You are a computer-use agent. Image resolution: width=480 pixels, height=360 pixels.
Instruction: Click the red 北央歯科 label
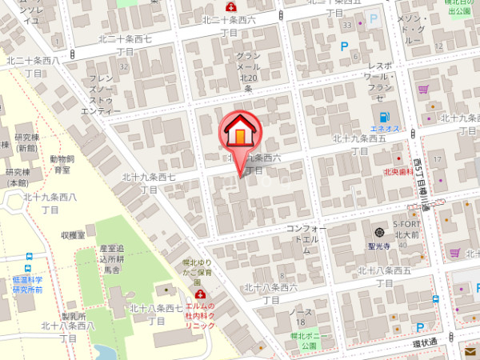point(397,170)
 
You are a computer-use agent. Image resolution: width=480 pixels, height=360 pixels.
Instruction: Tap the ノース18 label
point(300,316)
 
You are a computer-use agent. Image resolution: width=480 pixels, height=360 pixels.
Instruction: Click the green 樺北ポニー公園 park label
point(304,341)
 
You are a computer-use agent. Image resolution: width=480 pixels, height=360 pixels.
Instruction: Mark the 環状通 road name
point(424,342)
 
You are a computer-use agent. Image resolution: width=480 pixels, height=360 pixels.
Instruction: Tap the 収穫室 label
point(73,235)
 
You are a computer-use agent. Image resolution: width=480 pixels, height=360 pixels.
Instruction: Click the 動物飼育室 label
point(60,164)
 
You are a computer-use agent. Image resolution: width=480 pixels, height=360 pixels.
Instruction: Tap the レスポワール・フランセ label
point(379,81)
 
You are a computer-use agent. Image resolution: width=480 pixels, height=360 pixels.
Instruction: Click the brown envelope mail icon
point(469,352)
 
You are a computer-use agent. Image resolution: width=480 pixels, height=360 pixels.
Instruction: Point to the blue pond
point(105,353)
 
